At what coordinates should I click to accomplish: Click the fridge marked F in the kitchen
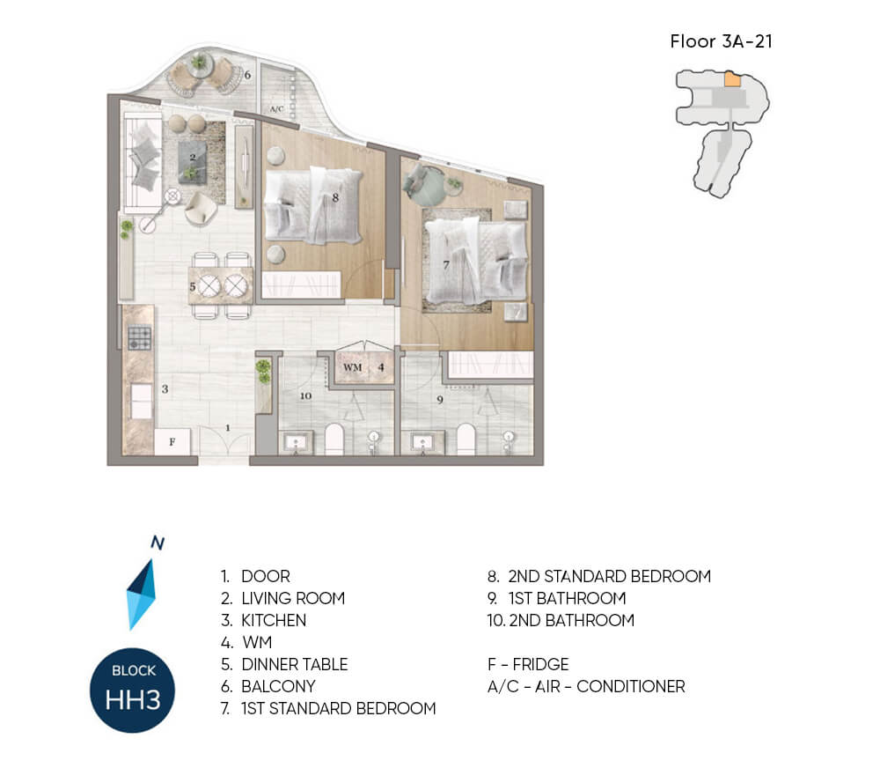click(x=172, y=441)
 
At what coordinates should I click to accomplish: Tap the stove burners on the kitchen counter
click(x=139, y=338)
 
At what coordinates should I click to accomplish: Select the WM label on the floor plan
click(x=353, y=367)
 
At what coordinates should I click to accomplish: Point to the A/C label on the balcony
click(x=276, y=109)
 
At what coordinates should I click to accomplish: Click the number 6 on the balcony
click(x=247, y=75)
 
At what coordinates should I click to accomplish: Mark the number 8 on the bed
click(x=335, y=197)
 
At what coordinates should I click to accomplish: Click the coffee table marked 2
click(x=193, y=161)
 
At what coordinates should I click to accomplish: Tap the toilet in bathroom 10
click(x=334, y=439)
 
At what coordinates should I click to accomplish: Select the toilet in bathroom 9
click(x=466, y=439)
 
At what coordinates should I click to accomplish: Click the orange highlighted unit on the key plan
click(x=732, y=78)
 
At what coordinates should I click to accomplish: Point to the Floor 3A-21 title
click(x=722, y=41)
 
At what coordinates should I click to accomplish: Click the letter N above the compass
click(x=158, y=543)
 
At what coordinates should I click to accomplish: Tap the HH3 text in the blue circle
click(x=133, y=700)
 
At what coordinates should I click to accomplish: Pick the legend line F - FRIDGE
click(x=528, y=665)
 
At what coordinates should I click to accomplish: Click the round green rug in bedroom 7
click(x=428, y=187)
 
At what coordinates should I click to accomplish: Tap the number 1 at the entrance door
click(x=228, y=428)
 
